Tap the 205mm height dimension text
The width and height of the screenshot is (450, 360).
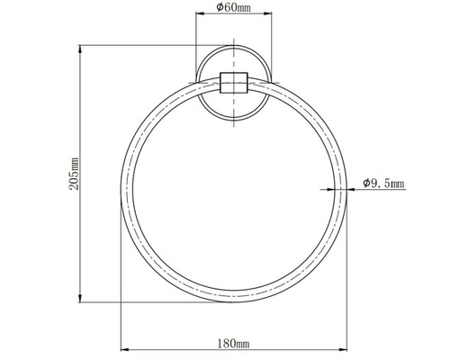(74, 172)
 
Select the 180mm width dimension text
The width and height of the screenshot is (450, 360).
(234, 342)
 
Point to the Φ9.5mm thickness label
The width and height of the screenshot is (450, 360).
(384, 183)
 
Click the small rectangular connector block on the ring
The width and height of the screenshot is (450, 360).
(234, 87)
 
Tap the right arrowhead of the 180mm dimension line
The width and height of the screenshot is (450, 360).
(343, 349)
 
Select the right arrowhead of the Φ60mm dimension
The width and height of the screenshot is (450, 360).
(267, 18)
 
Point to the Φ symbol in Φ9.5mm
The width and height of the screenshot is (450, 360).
(367, 183)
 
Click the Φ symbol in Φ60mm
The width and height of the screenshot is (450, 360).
(220, 9)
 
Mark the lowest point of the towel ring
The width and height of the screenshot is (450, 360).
(234, 303)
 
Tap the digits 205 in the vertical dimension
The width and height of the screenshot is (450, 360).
(74, 167)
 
